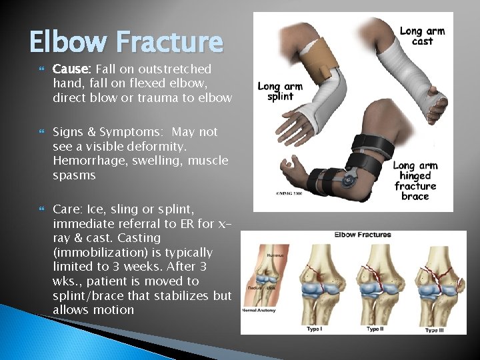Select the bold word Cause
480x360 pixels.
pyautogui.click(x=72, y=69)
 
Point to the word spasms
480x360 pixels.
pyautogui.click(x=75, y=176)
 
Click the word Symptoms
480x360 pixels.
pyautogui.click(x=116, y=132)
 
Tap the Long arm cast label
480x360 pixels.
pyautogui.click(x=422, y=35)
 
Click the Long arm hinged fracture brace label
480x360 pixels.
pyautogui.click(x=415, y=181)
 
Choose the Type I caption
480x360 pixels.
pyautogui.click(x=314, y=329)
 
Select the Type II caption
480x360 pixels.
pyautogui.click(x=376, y=329)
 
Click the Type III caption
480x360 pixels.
pyautogui.click(x=436, y=329)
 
